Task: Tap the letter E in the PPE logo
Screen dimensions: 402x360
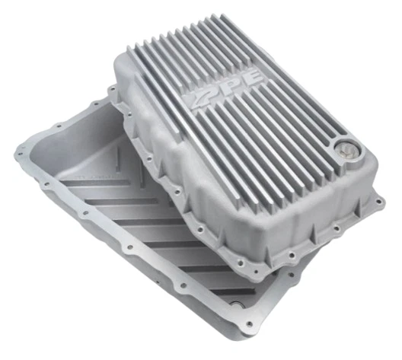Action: [250, 78]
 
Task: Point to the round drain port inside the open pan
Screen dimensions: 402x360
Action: [235, 305]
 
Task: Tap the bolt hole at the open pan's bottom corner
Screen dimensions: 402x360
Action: [248, 324]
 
